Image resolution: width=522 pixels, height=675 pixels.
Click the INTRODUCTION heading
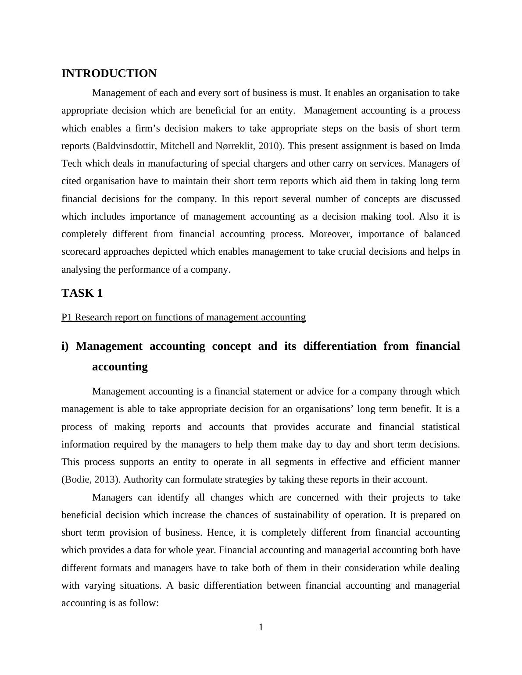[109, 74]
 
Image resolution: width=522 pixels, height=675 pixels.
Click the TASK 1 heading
[82, 293]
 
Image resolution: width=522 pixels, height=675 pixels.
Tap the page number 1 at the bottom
[261, 627]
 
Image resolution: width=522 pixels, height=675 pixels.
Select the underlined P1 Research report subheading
[183, 317]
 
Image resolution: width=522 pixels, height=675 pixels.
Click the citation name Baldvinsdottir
[125, 146]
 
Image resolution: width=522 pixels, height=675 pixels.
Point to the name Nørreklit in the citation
[234, 146]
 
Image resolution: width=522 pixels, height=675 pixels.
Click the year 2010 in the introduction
[268, 146]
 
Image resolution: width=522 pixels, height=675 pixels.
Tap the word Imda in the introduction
[450, 146]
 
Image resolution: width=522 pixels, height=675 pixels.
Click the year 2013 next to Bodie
[104, 480]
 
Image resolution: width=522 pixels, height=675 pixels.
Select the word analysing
[81, 270]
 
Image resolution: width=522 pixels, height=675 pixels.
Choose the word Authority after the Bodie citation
[143, 480]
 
